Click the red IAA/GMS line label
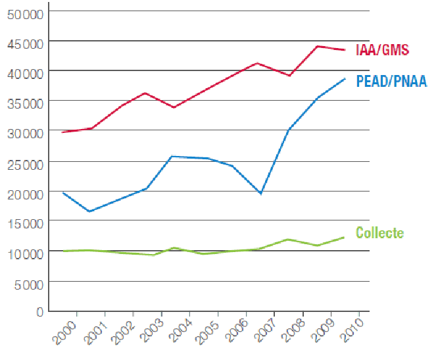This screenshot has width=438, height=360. [x=381, y=49]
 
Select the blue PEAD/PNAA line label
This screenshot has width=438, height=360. [x=391, y=82]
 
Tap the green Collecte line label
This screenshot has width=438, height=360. [x=379, y=232]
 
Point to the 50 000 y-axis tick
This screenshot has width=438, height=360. [x=23, y=13]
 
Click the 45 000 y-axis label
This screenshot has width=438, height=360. [x=23, y=43]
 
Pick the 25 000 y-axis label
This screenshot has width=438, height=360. [x=23, y=163]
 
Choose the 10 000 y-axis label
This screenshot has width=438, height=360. [x=23, y=252]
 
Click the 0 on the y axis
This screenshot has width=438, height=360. [x=39, y=311]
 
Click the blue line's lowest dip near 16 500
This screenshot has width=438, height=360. [x=89, y=211]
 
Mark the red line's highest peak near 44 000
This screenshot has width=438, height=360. [x=317, y=46]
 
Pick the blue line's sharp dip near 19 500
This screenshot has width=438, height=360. [x=260, y=193]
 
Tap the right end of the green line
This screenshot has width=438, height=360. [x=344, y=237]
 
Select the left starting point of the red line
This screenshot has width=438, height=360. [x=62, y=132]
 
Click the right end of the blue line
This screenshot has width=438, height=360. [x=345, y=79]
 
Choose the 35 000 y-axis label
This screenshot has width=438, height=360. [x=23, y=103]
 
